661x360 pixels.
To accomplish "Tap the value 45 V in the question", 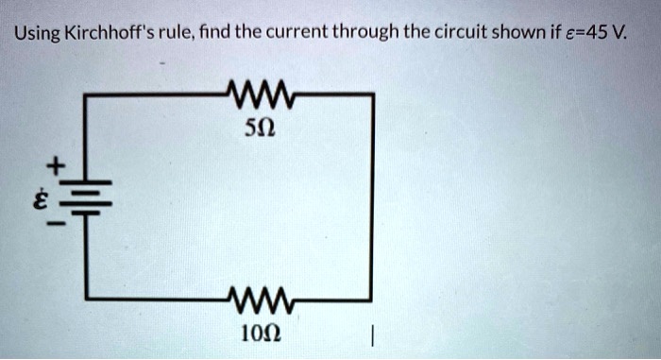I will [618, 36].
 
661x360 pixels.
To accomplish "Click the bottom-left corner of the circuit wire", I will [87, 301].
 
